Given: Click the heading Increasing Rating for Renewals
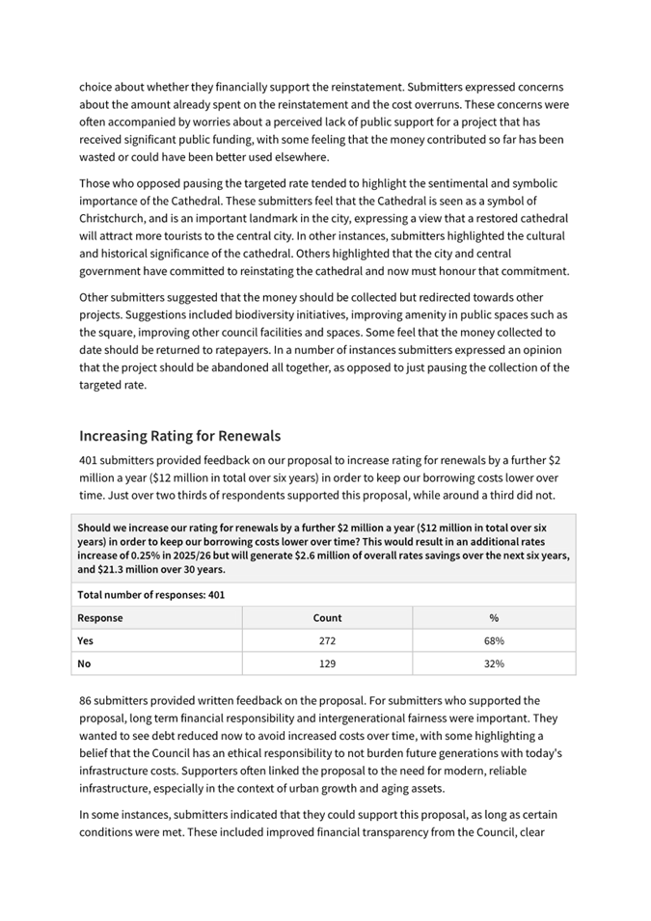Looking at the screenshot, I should (179, 436).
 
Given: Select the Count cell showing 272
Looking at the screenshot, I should (327, 640).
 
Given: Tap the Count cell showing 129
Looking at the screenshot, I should (327, 664).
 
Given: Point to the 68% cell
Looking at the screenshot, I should (495, 640).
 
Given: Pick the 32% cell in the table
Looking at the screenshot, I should (495, 664).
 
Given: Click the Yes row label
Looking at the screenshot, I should (87, 640).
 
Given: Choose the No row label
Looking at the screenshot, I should (85, 664).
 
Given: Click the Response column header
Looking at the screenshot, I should (100, 618).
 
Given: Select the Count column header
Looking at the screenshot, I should (327, 618).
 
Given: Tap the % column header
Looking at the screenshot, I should (495, 618).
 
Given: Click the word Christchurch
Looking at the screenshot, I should (116, 218).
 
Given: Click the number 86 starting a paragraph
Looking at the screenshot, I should (86, 700).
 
